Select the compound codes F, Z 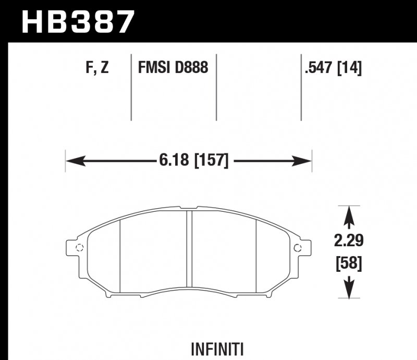coord(97,68)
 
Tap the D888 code coord(192,68)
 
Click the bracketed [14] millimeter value coord(351,68)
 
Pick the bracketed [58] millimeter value coord(349,263)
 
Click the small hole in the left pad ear coord(79,247)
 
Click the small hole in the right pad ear coord(298,247)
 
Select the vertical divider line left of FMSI coord(131,86)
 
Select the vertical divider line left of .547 coord(301,86)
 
